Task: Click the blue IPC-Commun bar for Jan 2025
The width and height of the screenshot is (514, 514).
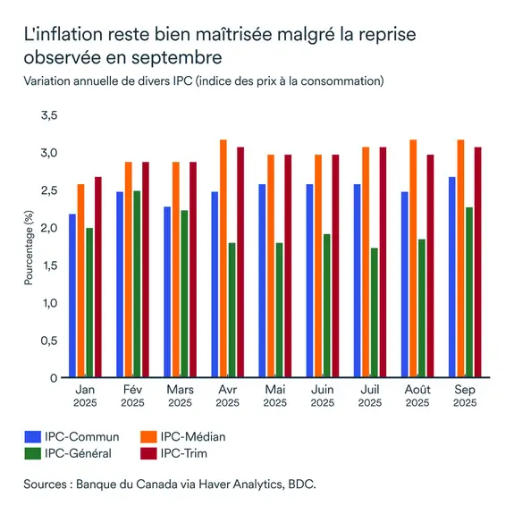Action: click(x=72, y=296)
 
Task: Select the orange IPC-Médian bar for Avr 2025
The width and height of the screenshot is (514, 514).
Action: click(x=223, y=258)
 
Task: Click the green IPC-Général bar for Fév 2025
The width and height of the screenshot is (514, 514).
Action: click(x=136, y=284)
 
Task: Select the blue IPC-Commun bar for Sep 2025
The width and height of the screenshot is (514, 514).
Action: click(x=453, y=277)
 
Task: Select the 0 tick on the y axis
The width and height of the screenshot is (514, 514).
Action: click(x=54, y=377)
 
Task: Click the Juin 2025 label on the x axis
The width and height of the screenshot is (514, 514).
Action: click(x=323, y=396)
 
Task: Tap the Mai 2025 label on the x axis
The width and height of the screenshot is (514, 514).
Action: click(x=275, y=396)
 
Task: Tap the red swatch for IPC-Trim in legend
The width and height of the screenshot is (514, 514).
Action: click(x=149, y=453)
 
